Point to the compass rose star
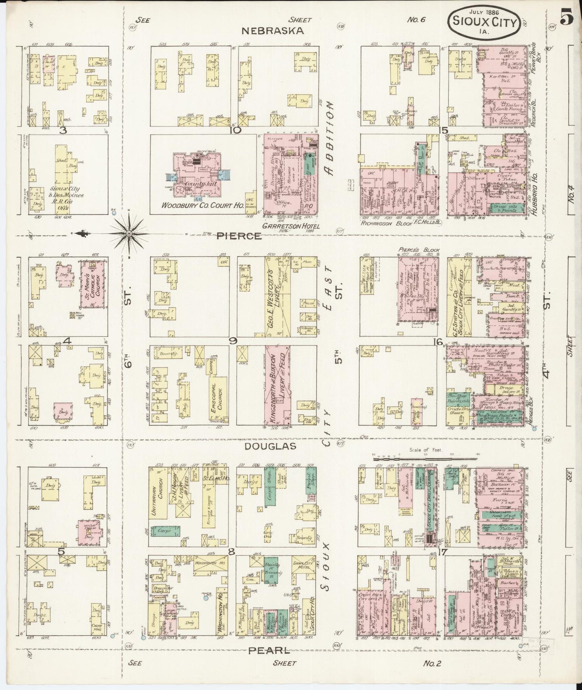tap(129, 233)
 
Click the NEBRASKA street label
tap(272, 31)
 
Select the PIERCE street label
tap(238, 236)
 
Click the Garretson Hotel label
tap(291, 226)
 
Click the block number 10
tap(236, 130)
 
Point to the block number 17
tap(442, 553)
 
